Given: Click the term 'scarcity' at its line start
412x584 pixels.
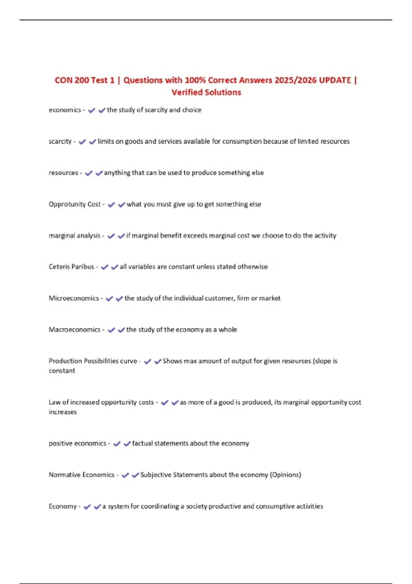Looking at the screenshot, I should [60, 141].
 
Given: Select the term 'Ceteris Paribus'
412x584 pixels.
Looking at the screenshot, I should [71, 267].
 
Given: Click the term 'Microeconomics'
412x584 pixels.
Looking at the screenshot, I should [74, 298].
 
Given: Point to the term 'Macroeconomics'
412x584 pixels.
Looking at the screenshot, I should [75, 329].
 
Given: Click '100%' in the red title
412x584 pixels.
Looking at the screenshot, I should [195, 80].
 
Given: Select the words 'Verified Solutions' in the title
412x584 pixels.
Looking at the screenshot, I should [206, 92].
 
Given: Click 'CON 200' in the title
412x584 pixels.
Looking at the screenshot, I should [72, 80].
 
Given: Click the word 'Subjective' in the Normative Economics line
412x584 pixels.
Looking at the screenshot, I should [156, 475].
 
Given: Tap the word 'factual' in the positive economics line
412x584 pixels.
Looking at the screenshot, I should [142, 443].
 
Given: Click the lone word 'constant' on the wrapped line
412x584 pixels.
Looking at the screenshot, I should [62, 371].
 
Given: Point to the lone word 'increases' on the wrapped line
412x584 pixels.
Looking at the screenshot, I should [63, 412].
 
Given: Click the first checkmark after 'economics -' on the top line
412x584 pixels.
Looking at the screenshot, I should [91, 110].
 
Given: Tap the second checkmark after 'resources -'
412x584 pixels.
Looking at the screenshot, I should [99, 173].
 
